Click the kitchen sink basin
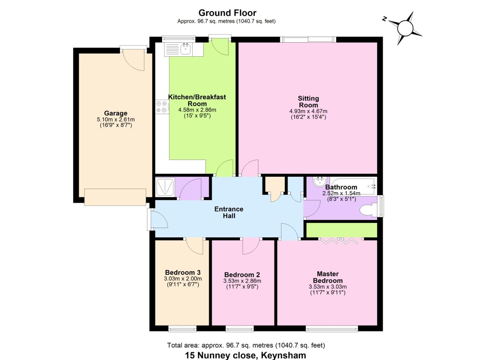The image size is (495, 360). click(185, 49)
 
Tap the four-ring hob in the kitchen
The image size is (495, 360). click(162, 107)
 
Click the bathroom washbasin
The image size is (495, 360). click(320, 182)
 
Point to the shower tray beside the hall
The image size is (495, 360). click(165, 187)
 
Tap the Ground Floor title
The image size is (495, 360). click(227, 13)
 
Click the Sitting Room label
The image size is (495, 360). click(308, 101)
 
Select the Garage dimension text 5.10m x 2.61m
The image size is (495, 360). click(116, 120)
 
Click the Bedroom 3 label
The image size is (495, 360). click(183, 272)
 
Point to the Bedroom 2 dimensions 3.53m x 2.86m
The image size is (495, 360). click(242, 281)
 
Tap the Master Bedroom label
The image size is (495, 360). click(328, 277)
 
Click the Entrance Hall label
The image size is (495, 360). click(229, 212)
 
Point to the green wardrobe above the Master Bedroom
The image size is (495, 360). click(342, 230)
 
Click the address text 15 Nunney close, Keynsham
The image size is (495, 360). click(246, 355)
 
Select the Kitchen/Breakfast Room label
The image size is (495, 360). click(197, 100)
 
